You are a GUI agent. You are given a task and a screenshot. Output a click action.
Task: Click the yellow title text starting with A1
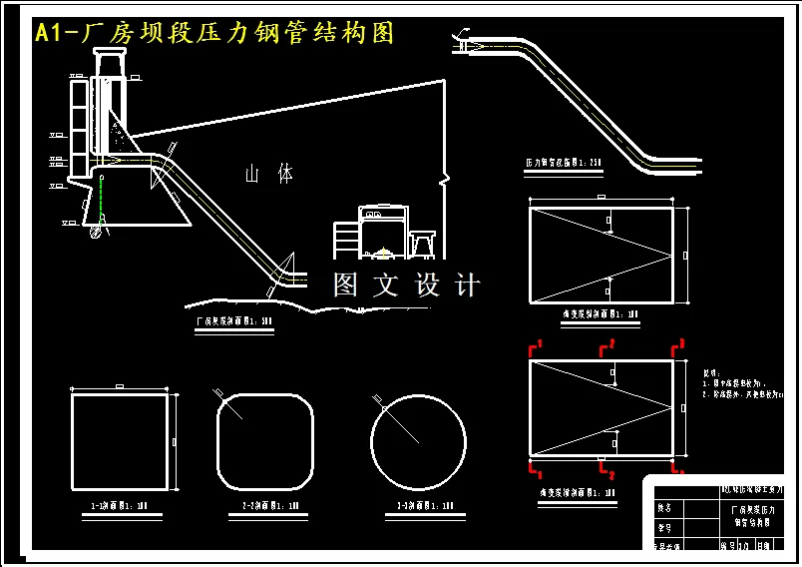pos(214,33)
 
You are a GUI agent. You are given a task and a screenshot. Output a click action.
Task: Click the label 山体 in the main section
pos(270,174)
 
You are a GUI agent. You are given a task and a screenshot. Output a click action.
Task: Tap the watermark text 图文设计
pos(406,285)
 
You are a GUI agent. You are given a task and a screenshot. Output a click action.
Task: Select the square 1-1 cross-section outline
pos(119,440)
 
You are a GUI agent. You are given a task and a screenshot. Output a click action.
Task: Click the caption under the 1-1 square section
pos(119,506)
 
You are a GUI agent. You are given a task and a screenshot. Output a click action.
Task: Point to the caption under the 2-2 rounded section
pos(267,506)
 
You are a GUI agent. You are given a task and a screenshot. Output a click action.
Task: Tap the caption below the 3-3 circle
pos(419,506)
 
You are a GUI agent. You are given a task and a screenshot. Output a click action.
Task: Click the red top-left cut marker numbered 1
pos(537,346)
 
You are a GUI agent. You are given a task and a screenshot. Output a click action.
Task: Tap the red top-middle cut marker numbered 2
pos(605,347)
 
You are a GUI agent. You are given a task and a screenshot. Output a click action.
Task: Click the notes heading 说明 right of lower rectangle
pos(711,370)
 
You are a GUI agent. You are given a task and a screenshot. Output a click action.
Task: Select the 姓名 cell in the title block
pos(664,507)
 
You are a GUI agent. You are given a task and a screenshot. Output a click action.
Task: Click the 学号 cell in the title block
pos(664,527)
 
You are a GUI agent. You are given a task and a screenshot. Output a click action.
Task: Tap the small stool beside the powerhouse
pos(423,243)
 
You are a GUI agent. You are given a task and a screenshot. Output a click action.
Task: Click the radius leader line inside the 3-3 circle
pos(397,420)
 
